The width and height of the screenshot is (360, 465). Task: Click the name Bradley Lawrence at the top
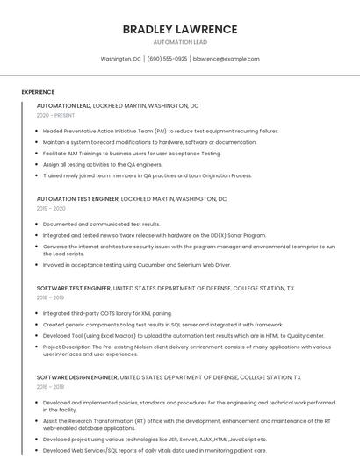click(180, 29)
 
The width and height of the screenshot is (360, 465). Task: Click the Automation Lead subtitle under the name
click(180, 41)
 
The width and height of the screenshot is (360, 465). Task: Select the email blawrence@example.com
click(226, 59)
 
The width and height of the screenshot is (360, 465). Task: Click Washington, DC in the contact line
click(121, 59)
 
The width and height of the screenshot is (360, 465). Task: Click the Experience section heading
click(38, 92)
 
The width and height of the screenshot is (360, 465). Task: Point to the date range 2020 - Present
click(56, 115)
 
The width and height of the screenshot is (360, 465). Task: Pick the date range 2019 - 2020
click(51, 209)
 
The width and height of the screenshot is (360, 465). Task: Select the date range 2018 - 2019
click(51, 297)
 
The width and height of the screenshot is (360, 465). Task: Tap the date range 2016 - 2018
click(51, 386)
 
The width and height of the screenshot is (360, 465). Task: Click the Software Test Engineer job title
click(74, 288)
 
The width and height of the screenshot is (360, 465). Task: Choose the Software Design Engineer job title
click(77, 376)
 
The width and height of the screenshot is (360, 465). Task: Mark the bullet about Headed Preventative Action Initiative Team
click(161, 131)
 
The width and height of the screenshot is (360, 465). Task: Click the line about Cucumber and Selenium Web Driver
click(137, 264)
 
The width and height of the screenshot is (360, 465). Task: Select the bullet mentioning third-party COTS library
click(107, 313)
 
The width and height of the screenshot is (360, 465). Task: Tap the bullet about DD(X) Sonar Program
click(154, 235)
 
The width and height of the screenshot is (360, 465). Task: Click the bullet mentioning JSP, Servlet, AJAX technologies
click(155, 439)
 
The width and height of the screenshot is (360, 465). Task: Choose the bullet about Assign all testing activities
click(103, 164)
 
